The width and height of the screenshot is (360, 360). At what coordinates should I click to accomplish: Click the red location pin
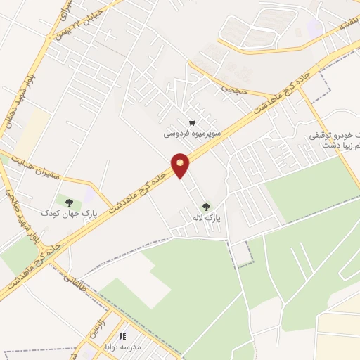181,165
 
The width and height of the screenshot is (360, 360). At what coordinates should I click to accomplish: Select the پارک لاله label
207,219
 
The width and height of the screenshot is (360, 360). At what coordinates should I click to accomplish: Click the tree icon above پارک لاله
206,207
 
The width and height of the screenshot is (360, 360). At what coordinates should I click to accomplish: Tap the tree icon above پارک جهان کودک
68,200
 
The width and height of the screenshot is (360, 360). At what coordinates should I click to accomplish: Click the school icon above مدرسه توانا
122,336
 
